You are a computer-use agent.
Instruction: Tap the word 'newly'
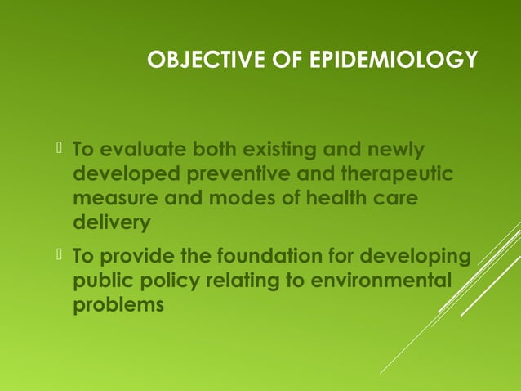click(397, 151)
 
